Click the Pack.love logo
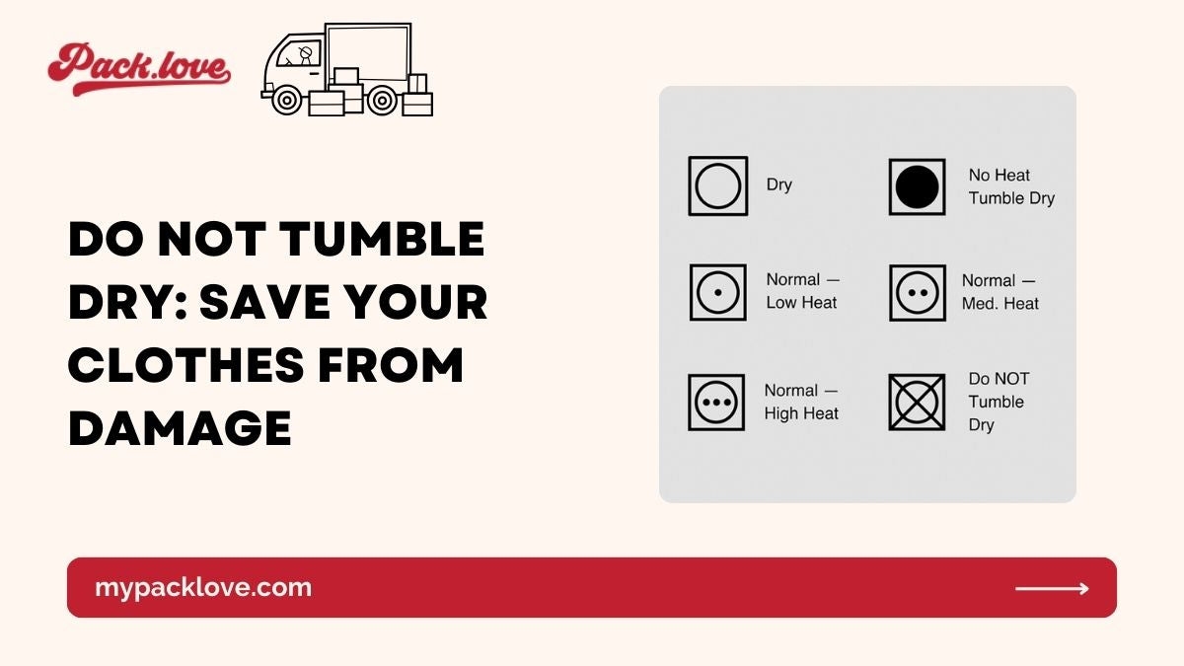coord(139,69)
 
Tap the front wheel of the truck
coord(286,100)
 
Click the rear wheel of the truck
coord(382,100)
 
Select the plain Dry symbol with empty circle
coord(718,186)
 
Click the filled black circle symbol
coord(917,187)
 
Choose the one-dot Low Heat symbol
coord(718,292)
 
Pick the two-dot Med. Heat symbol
coord(918,293)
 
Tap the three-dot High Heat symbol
coord(716,403)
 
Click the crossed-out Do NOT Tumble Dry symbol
coord(917,403)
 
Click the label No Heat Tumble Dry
coord(1011,186)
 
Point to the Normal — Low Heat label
coord(803,291)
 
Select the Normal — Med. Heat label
coord(1000,292)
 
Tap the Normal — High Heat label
coord(801,403)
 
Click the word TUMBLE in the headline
coord(382,239)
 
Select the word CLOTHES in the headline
coord(186,365)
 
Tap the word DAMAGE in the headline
coord(180,428)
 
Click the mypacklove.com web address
coord(203,588)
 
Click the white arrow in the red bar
coord(1052,588)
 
